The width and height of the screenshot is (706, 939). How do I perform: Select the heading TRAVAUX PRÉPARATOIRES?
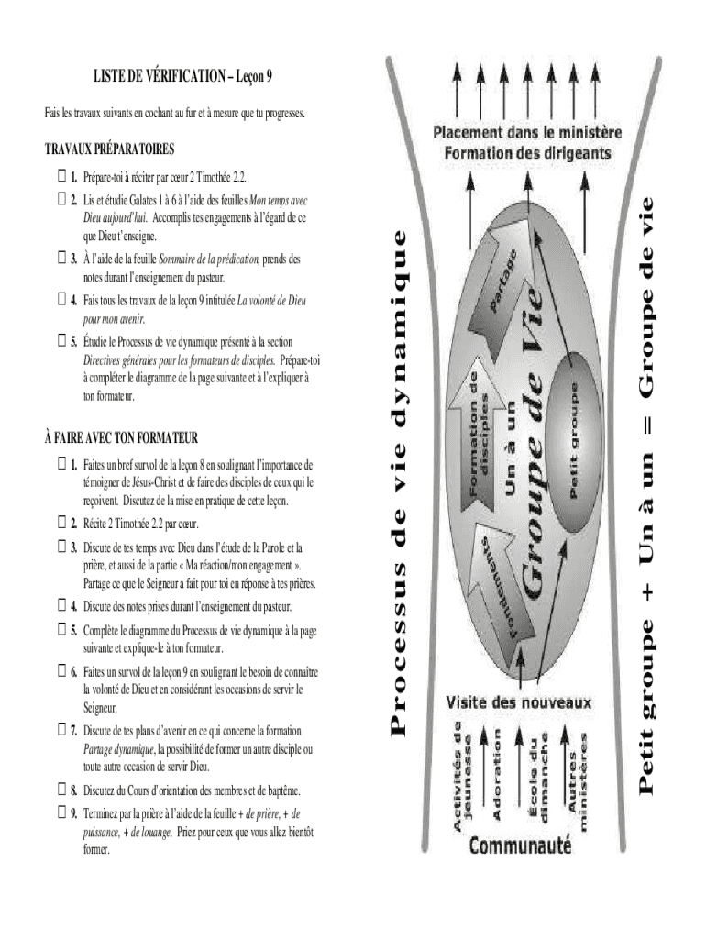(109, 149)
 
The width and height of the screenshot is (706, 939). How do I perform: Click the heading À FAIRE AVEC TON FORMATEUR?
(122, 436)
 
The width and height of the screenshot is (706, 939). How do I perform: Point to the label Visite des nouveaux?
(519, 703)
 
